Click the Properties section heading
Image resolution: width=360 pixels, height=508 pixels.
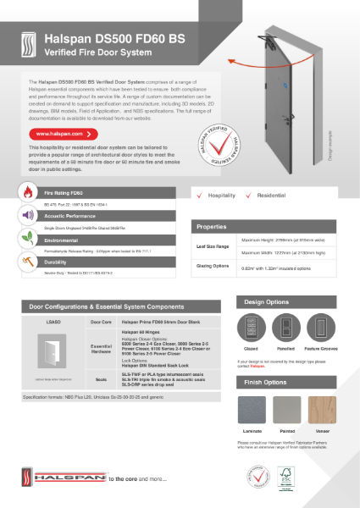click(213, 228)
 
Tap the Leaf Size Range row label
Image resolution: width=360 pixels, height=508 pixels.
click(214, 246)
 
